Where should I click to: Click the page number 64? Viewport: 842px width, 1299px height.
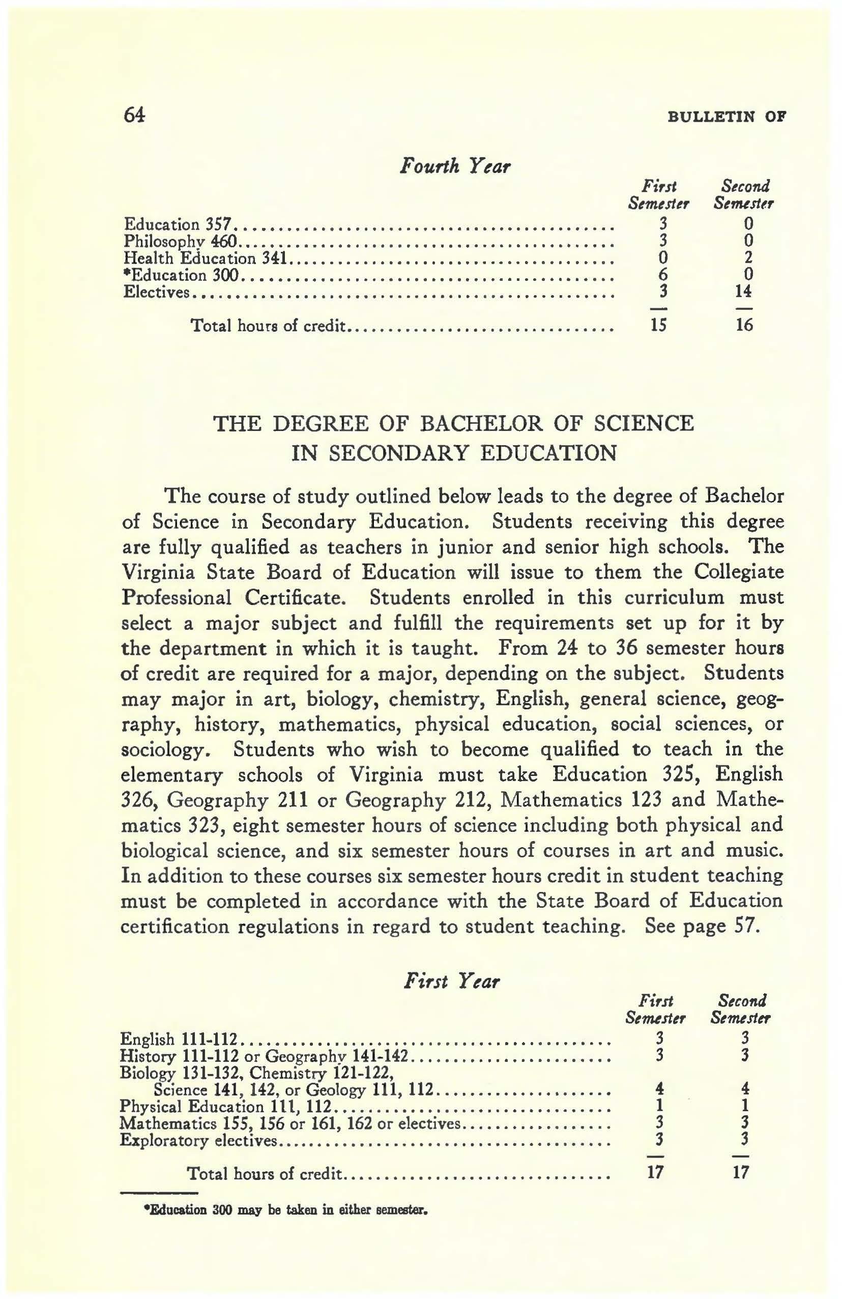[134, 115]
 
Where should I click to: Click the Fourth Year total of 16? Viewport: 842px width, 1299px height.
[744, 325]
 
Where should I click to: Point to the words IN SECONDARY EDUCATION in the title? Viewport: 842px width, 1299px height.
[454, 453]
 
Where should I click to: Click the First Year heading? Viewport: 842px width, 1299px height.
[451, 982]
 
